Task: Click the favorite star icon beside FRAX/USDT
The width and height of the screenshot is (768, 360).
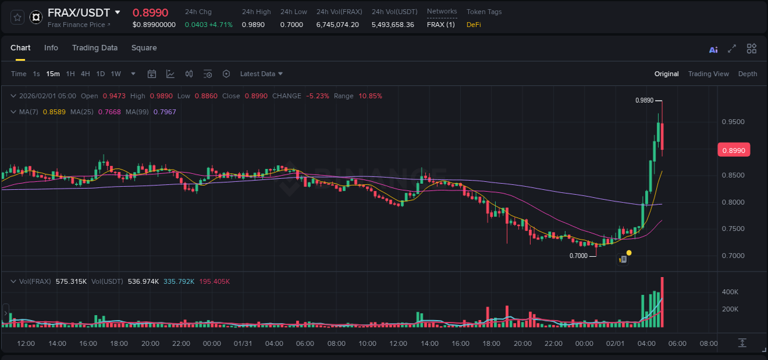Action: (18, 17)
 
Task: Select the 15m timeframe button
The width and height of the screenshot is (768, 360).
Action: (53, 74)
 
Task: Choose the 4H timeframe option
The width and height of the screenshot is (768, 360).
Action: (85, 74)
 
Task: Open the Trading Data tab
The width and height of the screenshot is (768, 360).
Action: (95, 48)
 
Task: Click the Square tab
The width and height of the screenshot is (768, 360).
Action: (144, 48)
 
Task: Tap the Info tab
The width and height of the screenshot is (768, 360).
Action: (51, 48)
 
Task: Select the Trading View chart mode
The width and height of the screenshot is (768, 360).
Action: (708, 74)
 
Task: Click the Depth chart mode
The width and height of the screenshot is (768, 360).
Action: (748, 74)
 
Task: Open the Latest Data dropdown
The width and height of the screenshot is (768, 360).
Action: (261, 74)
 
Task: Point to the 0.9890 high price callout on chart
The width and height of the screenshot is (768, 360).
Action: (644, 100)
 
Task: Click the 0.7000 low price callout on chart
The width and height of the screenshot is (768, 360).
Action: (578, 256)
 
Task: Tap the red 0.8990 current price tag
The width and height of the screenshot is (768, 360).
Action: (734, 151)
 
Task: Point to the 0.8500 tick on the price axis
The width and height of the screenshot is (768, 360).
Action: (733, 175)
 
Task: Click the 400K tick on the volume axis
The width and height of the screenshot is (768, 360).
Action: (730, 292)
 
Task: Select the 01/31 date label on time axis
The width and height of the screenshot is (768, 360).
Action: (243, 343)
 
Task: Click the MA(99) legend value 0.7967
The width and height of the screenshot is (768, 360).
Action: (165, 112)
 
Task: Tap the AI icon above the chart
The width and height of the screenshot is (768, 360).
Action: (713, 50)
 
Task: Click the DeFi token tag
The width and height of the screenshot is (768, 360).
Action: (474, 25)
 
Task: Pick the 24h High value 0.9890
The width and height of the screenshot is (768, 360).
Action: (253, 25)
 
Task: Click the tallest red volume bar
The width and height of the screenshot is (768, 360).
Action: (662, 302)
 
